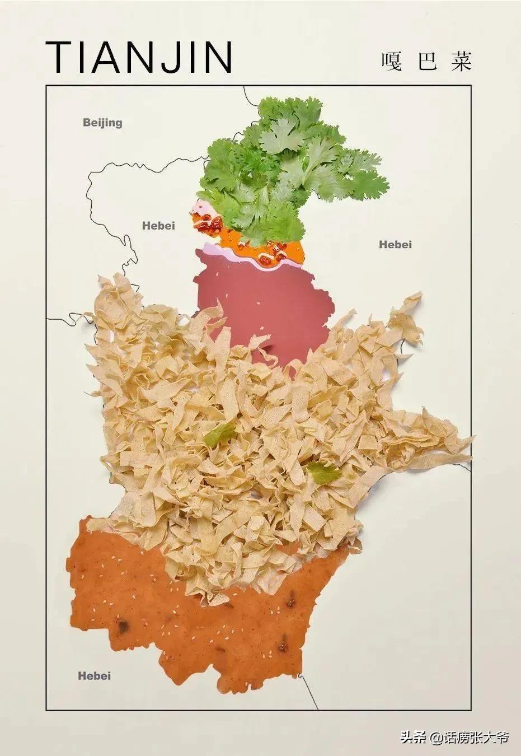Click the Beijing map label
[102, 122]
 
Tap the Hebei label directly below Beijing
[158, 226]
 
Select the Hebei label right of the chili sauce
[395, 244]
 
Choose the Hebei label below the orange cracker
[94, 675]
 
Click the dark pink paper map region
[263, 302]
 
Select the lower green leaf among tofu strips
[323, 472]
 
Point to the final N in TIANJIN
[217, 57]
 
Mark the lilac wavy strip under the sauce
[224, 253]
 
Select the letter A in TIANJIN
[110, 57]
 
